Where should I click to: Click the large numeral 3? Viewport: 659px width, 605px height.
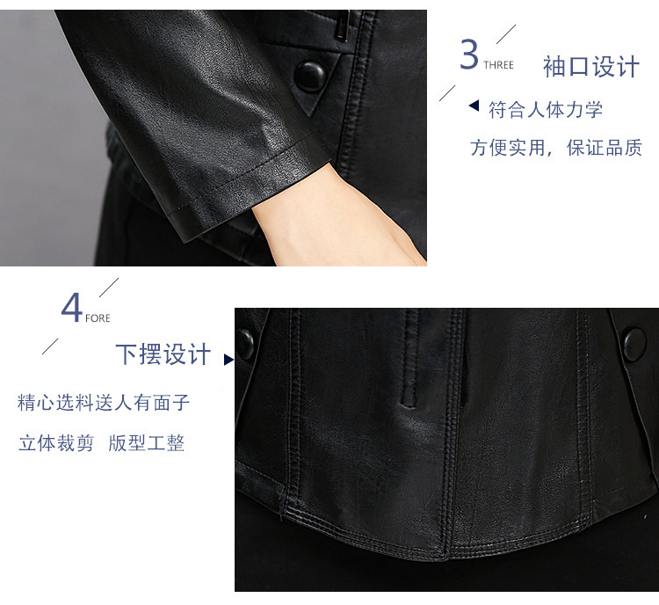(469, 54)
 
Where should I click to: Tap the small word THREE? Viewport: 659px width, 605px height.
(498, 65)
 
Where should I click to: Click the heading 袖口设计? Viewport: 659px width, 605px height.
(591, 67)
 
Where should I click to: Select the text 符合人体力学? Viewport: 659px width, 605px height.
(546, 110)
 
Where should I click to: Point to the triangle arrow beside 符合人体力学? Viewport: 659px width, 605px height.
(474, 106)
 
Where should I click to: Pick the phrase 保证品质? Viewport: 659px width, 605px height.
(605, 148)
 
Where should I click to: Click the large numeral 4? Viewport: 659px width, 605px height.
(71, 308)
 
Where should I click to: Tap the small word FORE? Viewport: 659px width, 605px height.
(98, 318)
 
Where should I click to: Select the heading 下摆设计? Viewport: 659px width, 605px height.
(163, 354)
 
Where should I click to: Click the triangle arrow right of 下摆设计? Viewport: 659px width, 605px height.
(229, 360)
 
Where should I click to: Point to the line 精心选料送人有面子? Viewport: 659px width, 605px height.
(104, 403)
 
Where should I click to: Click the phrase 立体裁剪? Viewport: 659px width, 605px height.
(56, 443)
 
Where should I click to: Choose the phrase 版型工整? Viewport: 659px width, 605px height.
(146, 443)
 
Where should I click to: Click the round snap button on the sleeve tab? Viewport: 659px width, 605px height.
(310, 77)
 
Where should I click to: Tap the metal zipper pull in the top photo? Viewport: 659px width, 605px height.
(344, 26)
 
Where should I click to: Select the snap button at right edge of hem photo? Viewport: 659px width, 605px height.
(634, 345)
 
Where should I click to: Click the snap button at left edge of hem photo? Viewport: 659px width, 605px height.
(244, 344)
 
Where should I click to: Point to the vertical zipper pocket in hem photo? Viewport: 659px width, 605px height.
(410, 359)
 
